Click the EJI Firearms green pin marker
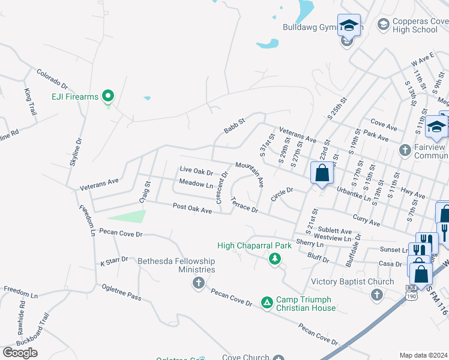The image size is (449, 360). pos(108,96)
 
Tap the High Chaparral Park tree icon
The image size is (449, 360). pos(275,259)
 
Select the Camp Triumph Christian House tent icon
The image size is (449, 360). pos(267,304)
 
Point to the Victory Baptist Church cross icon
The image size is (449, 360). pos(376,294)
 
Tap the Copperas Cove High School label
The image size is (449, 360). pos(415,25)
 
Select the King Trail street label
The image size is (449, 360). pos(31,102)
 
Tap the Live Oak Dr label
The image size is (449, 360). pos(196,172)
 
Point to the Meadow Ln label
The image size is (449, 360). pos(196,184)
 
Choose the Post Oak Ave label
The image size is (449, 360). pos(192,208)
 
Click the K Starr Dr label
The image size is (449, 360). pos(115,262)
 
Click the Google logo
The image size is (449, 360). pos(20,353)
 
